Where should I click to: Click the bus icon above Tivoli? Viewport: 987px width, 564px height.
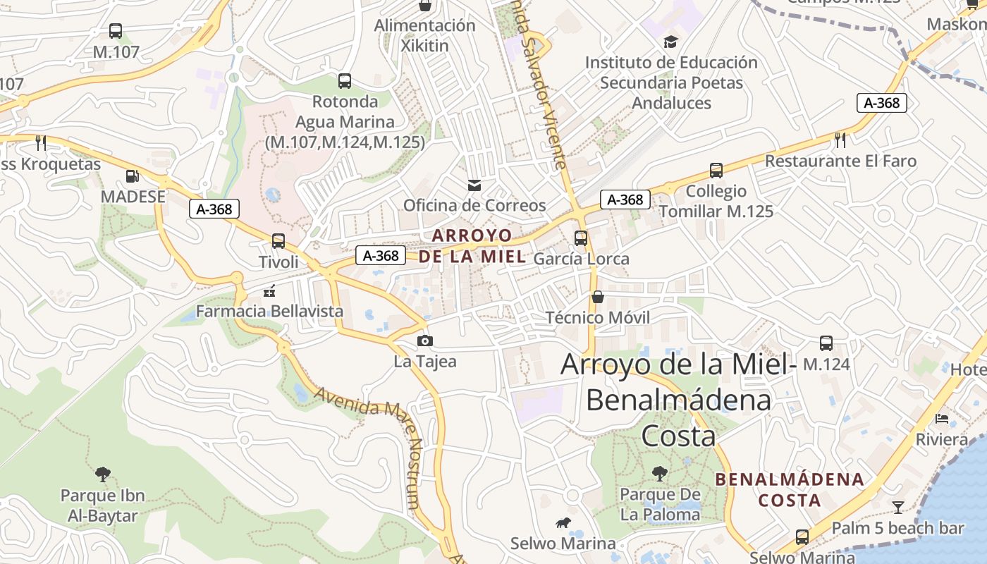pos(278,241)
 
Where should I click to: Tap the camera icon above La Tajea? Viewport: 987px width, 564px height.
pos(424,341)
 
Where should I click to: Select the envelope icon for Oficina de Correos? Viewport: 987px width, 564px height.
pos(474,185)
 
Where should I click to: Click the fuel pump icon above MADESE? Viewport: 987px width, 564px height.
pos(132,176)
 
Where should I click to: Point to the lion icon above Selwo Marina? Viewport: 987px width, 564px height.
pos(563,523)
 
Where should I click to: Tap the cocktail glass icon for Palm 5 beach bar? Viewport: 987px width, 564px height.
pos(897,507)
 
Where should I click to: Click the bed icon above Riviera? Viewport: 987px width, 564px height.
pos(942,419)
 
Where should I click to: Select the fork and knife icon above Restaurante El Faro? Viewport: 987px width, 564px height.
pos(840,140)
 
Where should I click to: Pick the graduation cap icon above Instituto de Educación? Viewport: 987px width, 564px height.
pos(670,42)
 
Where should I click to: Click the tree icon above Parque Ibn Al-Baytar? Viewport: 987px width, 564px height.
pos(103,474)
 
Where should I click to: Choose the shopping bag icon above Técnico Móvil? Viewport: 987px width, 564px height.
pos(598,297)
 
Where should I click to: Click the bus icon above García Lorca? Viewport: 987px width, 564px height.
pos(581,238)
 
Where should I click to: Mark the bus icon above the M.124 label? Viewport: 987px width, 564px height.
pos(826,343)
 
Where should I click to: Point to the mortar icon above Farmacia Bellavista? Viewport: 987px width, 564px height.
pos(269,290)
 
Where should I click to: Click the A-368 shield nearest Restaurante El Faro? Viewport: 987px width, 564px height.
pos(881,103)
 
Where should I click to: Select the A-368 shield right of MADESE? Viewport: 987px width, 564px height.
pos(214,209)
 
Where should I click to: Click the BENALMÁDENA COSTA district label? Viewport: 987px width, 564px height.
pos(789,490)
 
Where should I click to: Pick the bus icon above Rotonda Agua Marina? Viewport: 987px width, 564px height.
pos(345,81)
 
